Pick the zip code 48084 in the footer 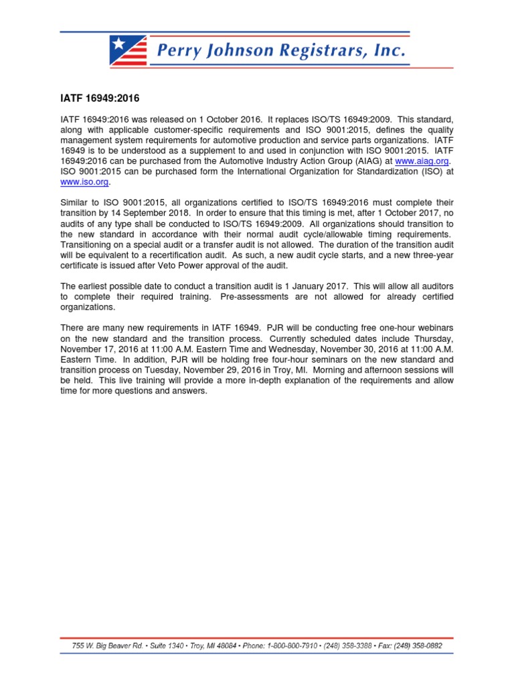coord(226,646)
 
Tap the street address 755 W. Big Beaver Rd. coord(104,646)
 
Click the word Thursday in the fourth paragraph coord(433,338)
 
